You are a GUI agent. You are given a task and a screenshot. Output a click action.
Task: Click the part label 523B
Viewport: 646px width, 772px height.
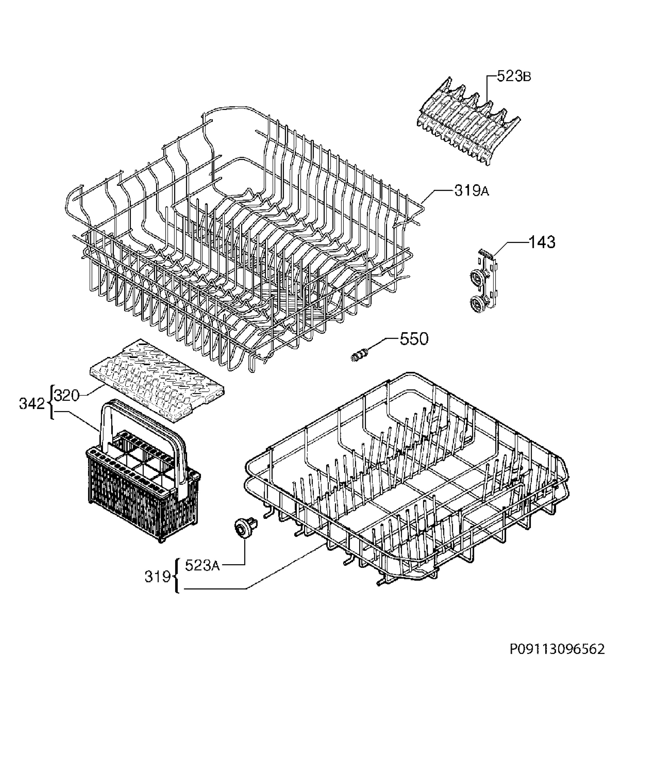click(514, 76)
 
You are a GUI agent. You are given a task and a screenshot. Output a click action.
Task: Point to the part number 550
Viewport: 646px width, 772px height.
click(414, 339)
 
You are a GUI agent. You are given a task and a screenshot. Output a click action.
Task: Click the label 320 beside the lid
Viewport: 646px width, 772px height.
click(67, 396)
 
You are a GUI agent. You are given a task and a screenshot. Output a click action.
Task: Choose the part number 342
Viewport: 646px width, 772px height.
click(32, 404)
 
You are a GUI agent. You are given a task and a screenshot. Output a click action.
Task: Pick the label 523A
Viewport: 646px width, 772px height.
click(202, 565)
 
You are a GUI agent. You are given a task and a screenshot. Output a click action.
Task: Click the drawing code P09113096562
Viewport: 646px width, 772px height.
click(557, 649)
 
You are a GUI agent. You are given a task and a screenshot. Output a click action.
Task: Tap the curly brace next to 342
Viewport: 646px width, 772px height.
click(51, 402)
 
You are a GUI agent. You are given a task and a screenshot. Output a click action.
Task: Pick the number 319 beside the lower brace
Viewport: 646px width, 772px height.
click(158, 576)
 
